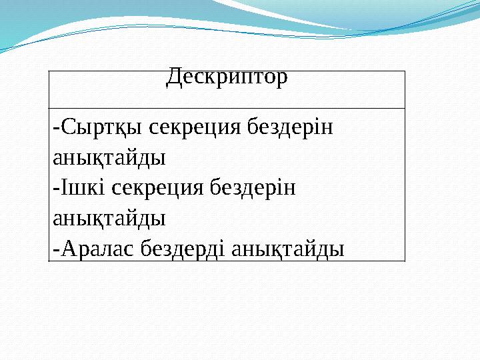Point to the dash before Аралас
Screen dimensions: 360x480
pos(55,249)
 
